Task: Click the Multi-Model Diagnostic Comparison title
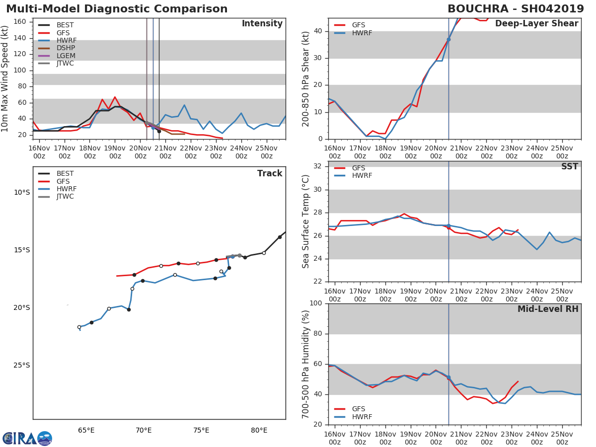tap(117, 9)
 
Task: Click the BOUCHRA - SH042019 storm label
tap(517, 9)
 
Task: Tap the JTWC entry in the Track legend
tap(65, 197)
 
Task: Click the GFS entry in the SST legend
tap(359, 168)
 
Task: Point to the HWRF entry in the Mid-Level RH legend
tap(362, 417)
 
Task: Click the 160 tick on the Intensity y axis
tap(20, 22)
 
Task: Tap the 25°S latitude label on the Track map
tap(21, 366)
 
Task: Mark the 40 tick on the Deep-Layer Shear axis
tap(318, 31)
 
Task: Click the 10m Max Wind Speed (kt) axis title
tap(5, 78)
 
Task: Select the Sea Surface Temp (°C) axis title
tap(306, 222)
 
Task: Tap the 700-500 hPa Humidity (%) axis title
tap(306, 364)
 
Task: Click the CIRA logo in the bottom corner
tap(27, 438)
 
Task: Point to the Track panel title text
tap(270, 173)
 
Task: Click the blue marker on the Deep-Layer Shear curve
tap(448, 39)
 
